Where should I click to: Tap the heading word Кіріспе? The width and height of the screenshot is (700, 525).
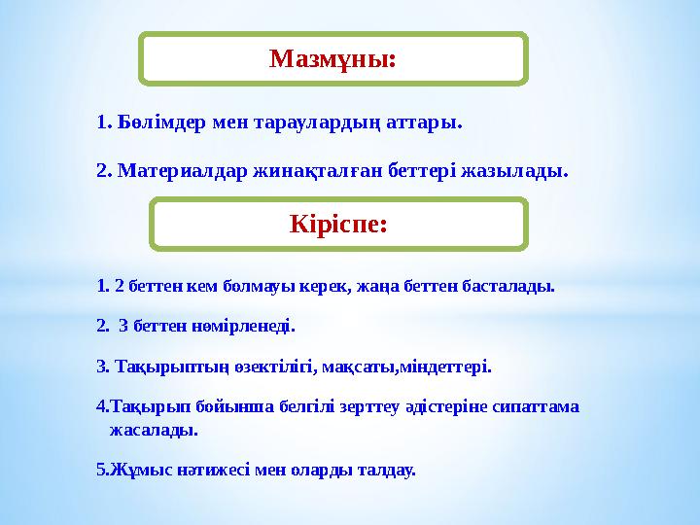click(338, 225)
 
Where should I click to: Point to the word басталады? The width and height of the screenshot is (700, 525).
click(510, 287)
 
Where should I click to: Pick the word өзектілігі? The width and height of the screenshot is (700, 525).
click(274, 367)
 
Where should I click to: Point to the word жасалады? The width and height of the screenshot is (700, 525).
click(154, 428)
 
